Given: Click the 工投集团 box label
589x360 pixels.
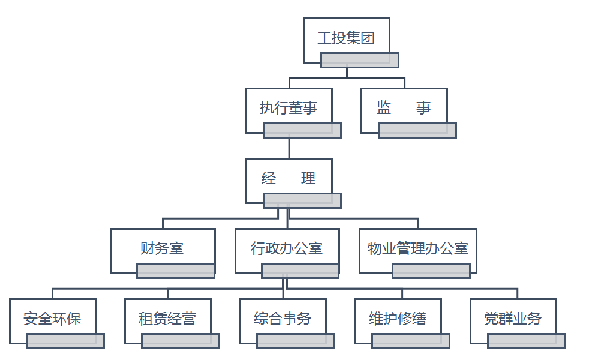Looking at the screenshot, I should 346,39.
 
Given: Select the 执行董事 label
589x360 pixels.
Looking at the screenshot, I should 288,108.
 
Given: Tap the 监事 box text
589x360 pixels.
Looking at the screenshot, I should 403,108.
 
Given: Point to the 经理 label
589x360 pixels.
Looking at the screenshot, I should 288,178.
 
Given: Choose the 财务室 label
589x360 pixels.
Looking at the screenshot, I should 162,248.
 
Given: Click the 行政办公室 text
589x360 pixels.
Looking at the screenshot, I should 287,248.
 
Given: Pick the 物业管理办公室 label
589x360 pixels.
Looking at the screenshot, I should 417,248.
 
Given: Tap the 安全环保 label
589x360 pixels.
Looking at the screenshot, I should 52,319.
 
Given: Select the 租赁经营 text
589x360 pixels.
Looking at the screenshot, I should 167,319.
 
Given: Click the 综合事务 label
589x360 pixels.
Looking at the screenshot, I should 283,319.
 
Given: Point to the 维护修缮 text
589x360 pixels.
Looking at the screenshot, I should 398,319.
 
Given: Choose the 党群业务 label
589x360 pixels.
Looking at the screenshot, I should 513,319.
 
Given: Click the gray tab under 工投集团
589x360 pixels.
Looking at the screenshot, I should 360,60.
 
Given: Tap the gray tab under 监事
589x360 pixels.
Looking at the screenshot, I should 417,130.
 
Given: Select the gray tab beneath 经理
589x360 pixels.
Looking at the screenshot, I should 302,200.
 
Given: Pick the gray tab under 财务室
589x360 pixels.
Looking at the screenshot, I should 176,271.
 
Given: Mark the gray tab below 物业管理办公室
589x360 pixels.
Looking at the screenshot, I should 431,271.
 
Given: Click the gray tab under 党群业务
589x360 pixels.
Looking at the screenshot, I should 526,341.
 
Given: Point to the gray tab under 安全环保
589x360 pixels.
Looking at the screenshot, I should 65,341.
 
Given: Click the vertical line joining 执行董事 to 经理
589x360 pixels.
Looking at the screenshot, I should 289,148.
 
